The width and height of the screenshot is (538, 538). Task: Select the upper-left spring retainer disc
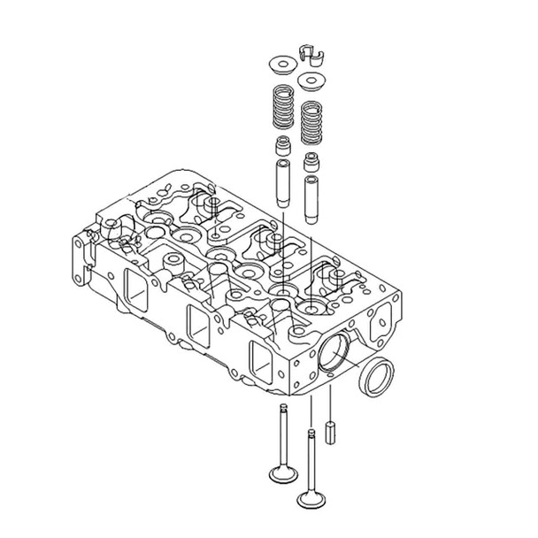(281, 66)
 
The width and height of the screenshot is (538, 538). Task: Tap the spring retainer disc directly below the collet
(310, 82)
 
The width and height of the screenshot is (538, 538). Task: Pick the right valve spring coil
(311, 123)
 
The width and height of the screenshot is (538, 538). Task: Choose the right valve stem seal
(311, 162)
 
